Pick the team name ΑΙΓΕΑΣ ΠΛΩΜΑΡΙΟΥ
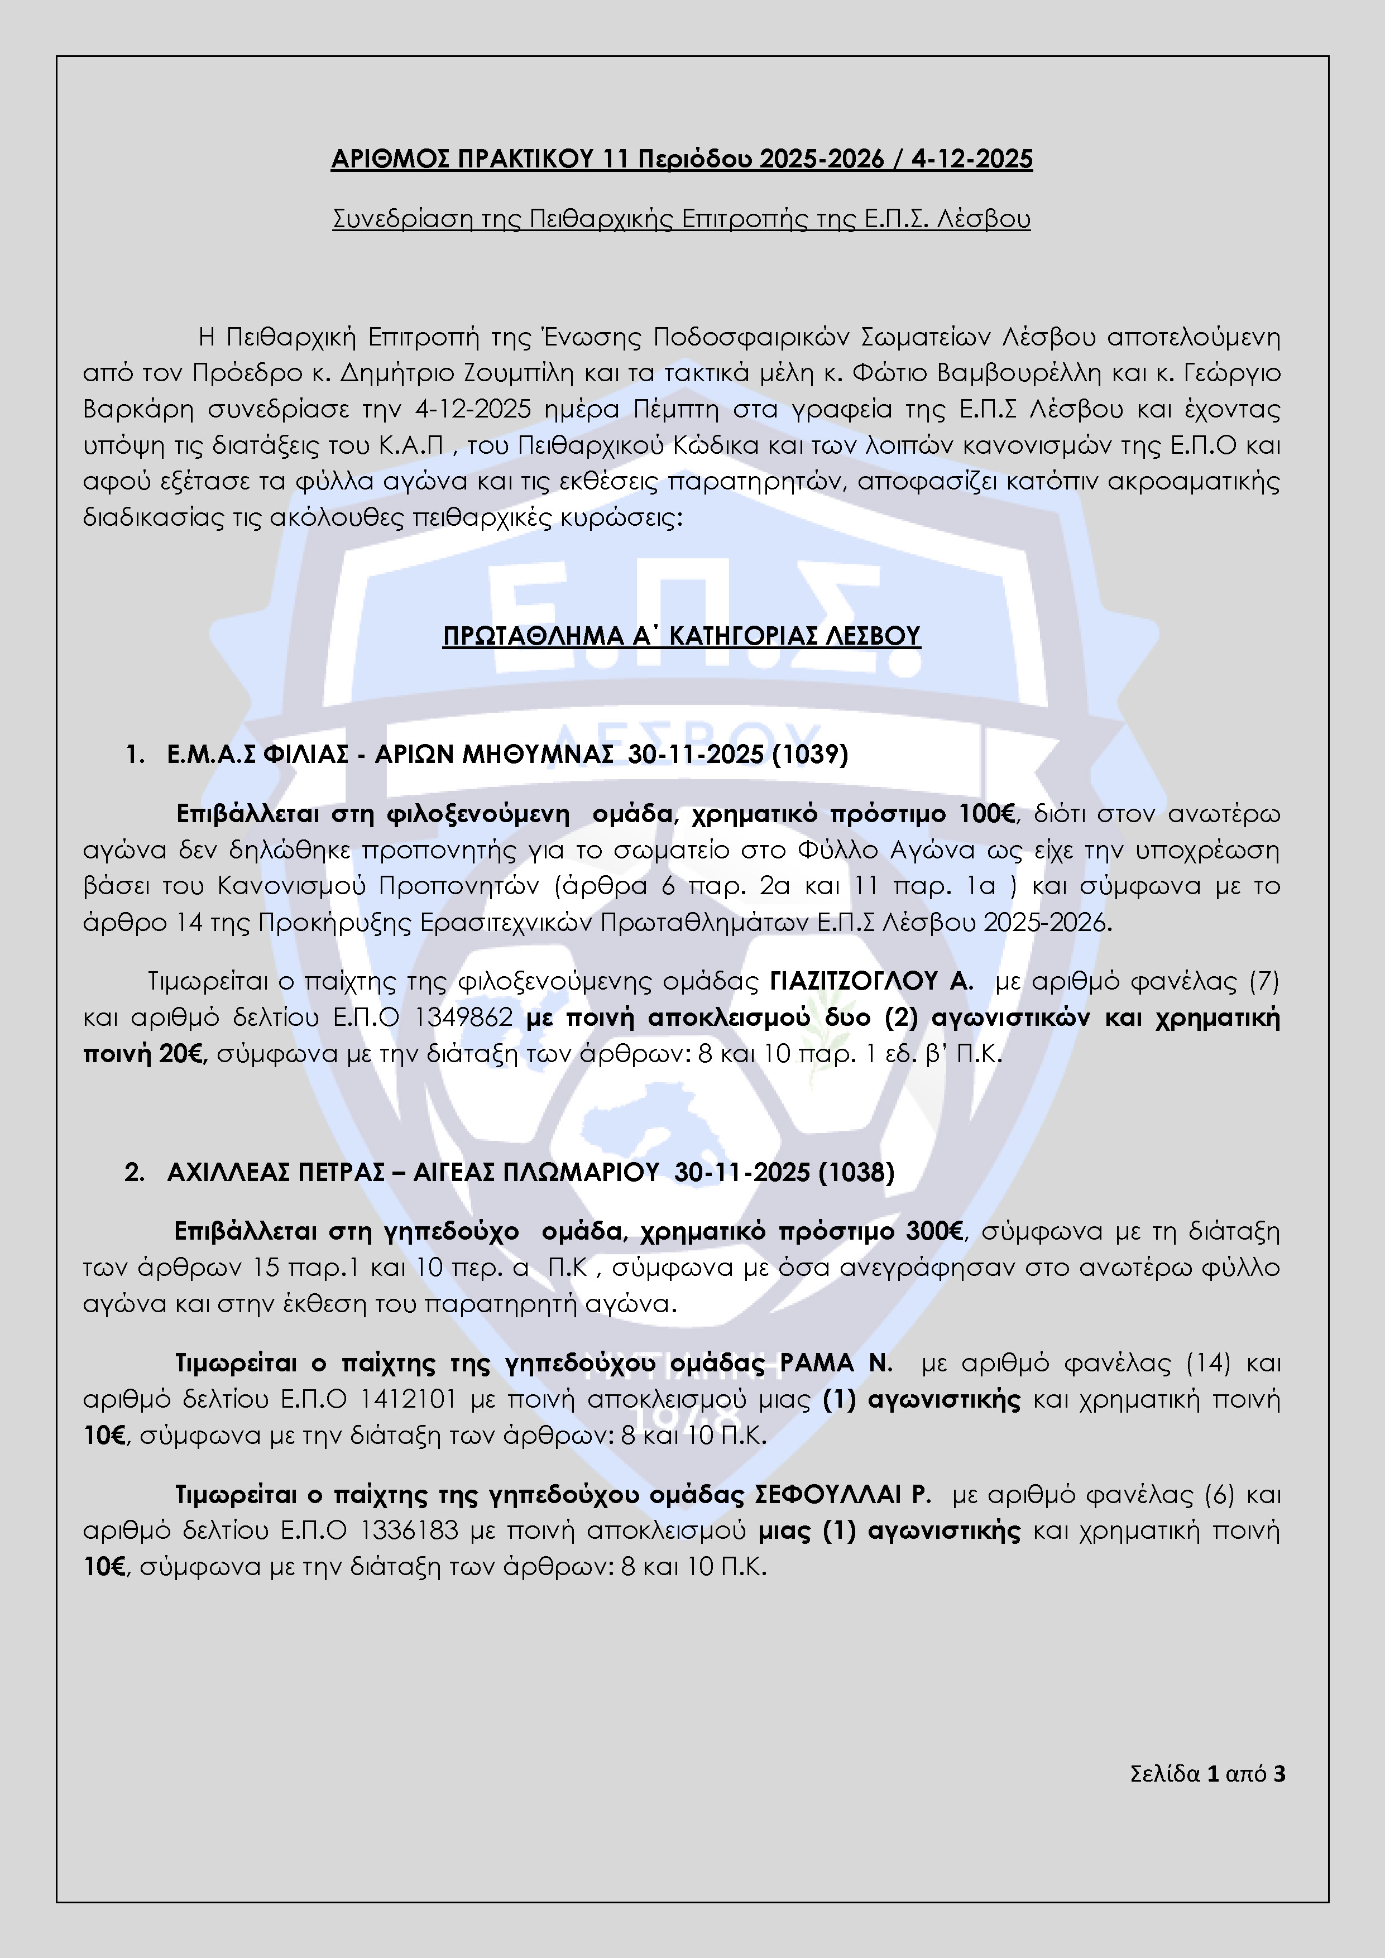pos(535,1173)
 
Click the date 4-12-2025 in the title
pos(971,160)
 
